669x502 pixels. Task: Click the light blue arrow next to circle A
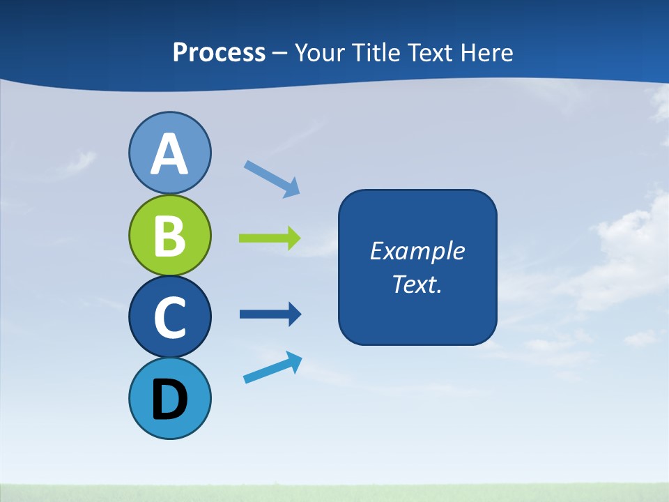coord(272,178)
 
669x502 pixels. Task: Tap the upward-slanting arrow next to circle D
coord(272,368)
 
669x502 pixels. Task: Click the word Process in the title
coord(219,53)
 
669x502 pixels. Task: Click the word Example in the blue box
coord(417,251)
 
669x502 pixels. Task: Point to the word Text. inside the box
coord(417,284)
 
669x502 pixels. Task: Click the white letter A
coord(169,155)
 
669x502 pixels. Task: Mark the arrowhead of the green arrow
coord(293,238)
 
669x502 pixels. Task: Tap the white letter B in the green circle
coord(169,236)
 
